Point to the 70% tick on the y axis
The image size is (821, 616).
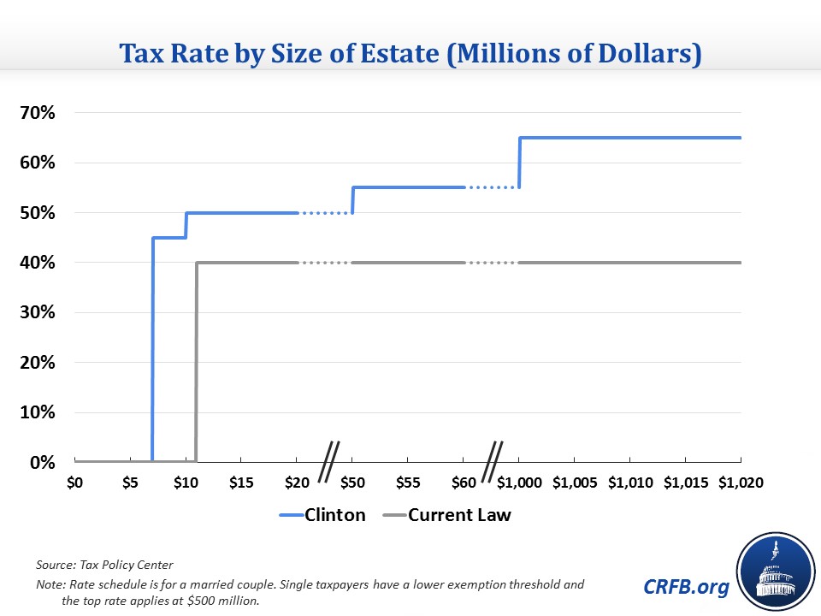(37, 113)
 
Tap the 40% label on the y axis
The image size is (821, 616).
(37, 263)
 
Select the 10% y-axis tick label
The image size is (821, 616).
(37, 412)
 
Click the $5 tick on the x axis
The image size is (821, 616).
(130, 483)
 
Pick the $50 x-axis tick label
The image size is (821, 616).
(352, 483)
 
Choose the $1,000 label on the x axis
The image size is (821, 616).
(519, 483)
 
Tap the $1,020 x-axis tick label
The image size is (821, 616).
(741, 483)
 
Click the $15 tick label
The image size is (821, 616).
(241, 483)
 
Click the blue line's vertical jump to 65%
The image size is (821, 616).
(519, 163)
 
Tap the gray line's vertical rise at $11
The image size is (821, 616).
(197, 359)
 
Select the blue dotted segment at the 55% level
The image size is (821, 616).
(492, 187)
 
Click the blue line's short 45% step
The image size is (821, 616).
(169, 237)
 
